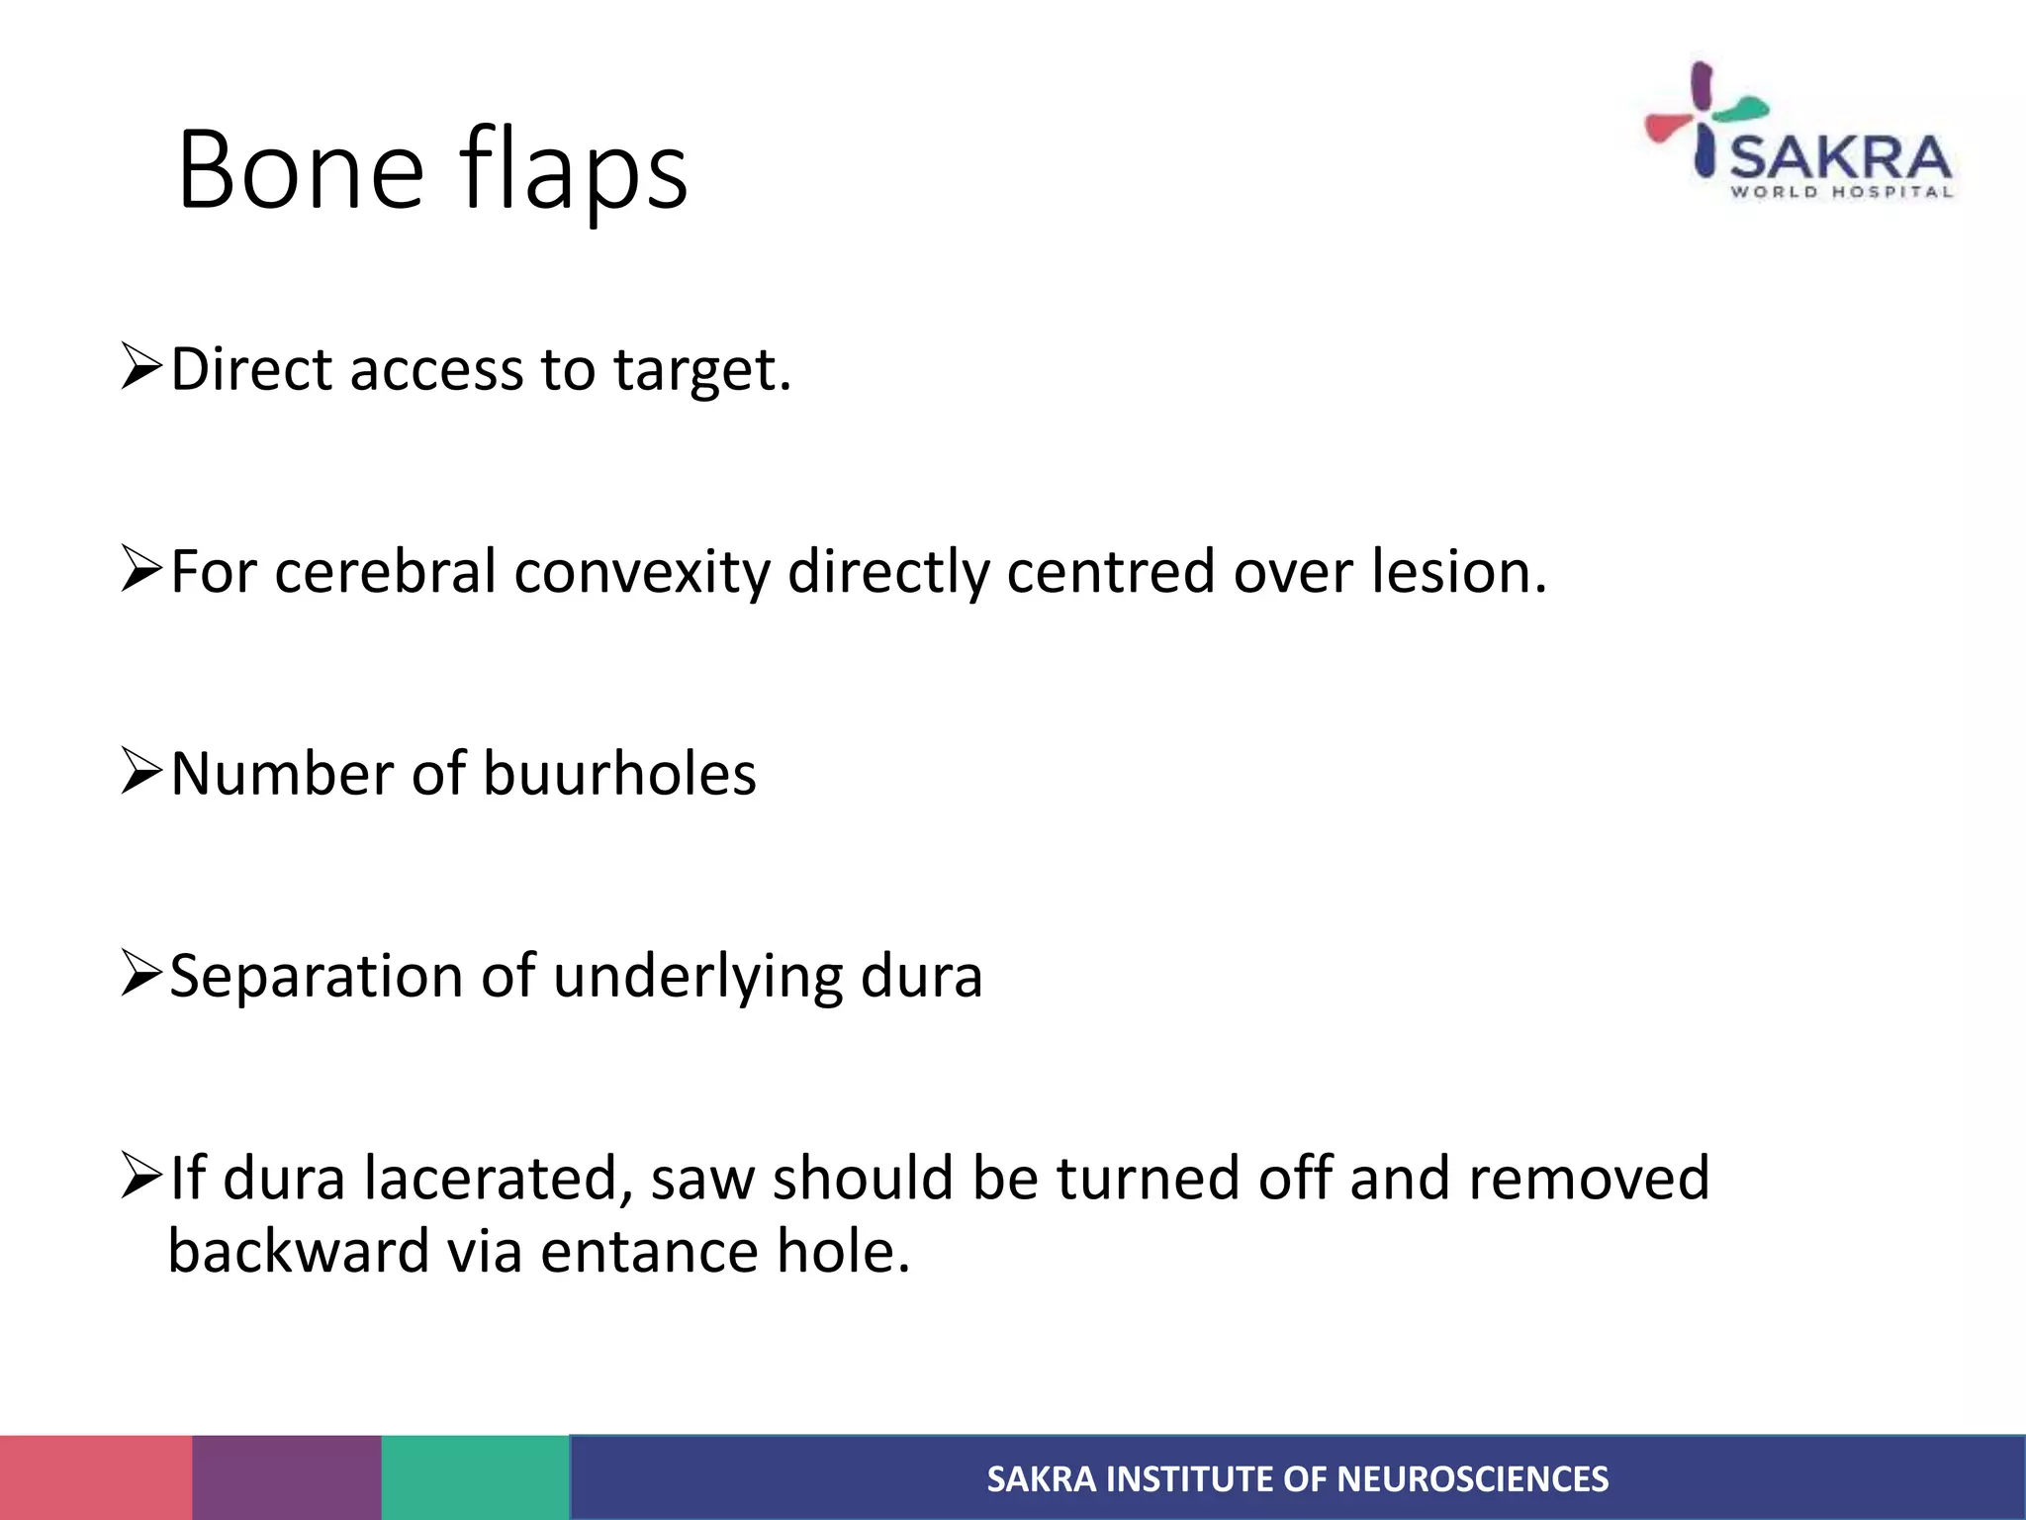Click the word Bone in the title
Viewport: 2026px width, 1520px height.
(300, 170)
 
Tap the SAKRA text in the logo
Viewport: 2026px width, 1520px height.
(1841, 158)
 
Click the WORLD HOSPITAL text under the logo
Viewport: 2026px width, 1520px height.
(1841, 192)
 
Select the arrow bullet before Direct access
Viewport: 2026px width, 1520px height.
(140, 366)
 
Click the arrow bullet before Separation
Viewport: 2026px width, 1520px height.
(140, 973)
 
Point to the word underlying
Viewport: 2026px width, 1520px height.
(698, 977)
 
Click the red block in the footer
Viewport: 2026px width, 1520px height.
(96, 1477)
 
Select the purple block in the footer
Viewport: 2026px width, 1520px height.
(287, 1477)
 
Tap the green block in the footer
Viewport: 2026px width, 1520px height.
(476, 1477)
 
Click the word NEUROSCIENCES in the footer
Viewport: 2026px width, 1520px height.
(1472, 1479)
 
